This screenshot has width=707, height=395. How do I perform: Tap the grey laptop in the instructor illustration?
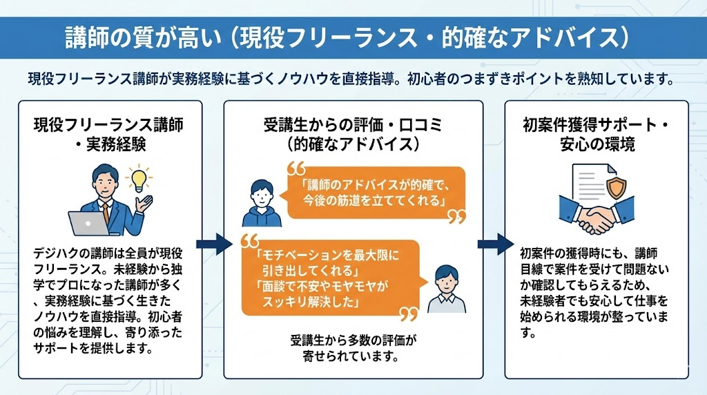point(86,223)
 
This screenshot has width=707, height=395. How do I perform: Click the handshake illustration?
point(596,213)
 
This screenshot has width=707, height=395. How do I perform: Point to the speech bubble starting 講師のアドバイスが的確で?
point(373,193)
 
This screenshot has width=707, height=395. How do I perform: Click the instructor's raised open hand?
point(144,201)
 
